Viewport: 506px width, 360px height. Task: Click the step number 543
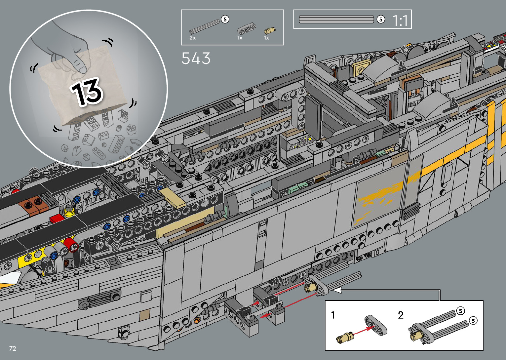click(196, 58)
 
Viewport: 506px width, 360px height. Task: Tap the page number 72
click(13, 348)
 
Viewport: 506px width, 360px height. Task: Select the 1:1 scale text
click(400, 20)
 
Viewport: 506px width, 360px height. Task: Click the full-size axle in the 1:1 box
click(336, 19)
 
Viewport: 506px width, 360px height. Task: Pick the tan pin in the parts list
click(270, 30)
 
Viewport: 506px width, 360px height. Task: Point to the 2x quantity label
click(192, 38)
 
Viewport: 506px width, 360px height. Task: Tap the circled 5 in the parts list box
click(225, 20)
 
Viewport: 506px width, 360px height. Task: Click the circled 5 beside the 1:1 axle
click(381, 20)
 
